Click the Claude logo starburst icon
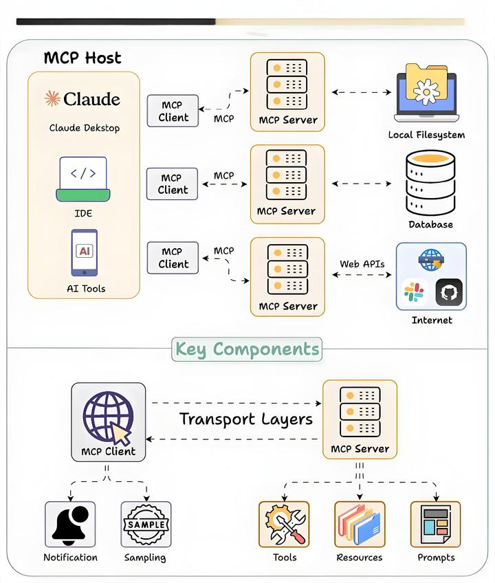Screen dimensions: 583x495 click(52, 98)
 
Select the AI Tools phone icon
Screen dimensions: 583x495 click(84, 252)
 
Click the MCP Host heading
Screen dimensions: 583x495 click(82, 58)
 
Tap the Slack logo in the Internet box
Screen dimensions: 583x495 click(414, 291)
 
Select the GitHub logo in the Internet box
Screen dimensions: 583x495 click(449, 291)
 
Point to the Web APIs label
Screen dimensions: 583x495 click(362, 264)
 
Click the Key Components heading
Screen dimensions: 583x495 click(247, 349)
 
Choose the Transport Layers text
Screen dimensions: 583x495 click(245, 419)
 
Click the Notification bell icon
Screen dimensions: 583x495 click(71, 524)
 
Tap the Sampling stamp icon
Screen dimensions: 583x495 click(146, 524)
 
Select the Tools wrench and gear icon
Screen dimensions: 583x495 click(284, 524)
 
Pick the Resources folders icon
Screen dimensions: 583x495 click(360, 524)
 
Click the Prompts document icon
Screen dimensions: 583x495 click(435, 524)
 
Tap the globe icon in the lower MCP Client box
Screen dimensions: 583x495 click(107, 415)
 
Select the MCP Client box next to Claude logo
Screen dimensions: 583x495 click(173, 111)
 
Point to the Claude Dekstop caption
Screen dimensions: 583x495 click(84, 128)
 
